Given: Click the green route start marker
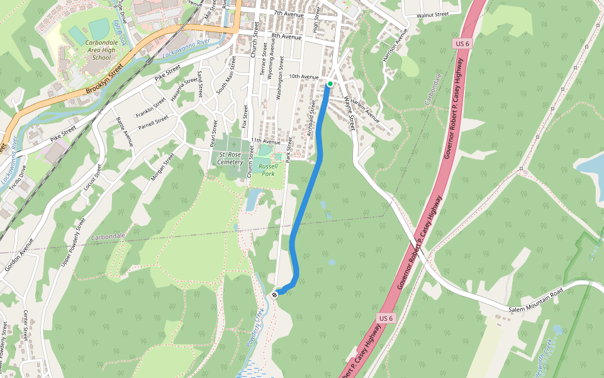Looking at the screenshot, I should tap(330, 83).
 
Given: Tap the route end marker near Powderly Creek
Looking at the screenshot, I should tap(275, 294).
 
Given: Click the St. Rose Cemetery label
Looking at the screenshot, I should tap(231, 157).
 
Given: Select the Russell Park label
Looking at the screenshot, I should tap(268, 169).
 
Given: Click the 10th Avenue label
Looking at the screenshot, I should tap(304, 76).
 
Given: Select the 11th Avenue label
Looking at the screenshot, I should tap(265, 141).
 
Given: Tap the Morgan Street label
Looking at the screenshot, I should tap(162, 167).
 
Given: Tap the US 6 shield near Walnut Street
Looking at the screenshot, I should tap(461, 43).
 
